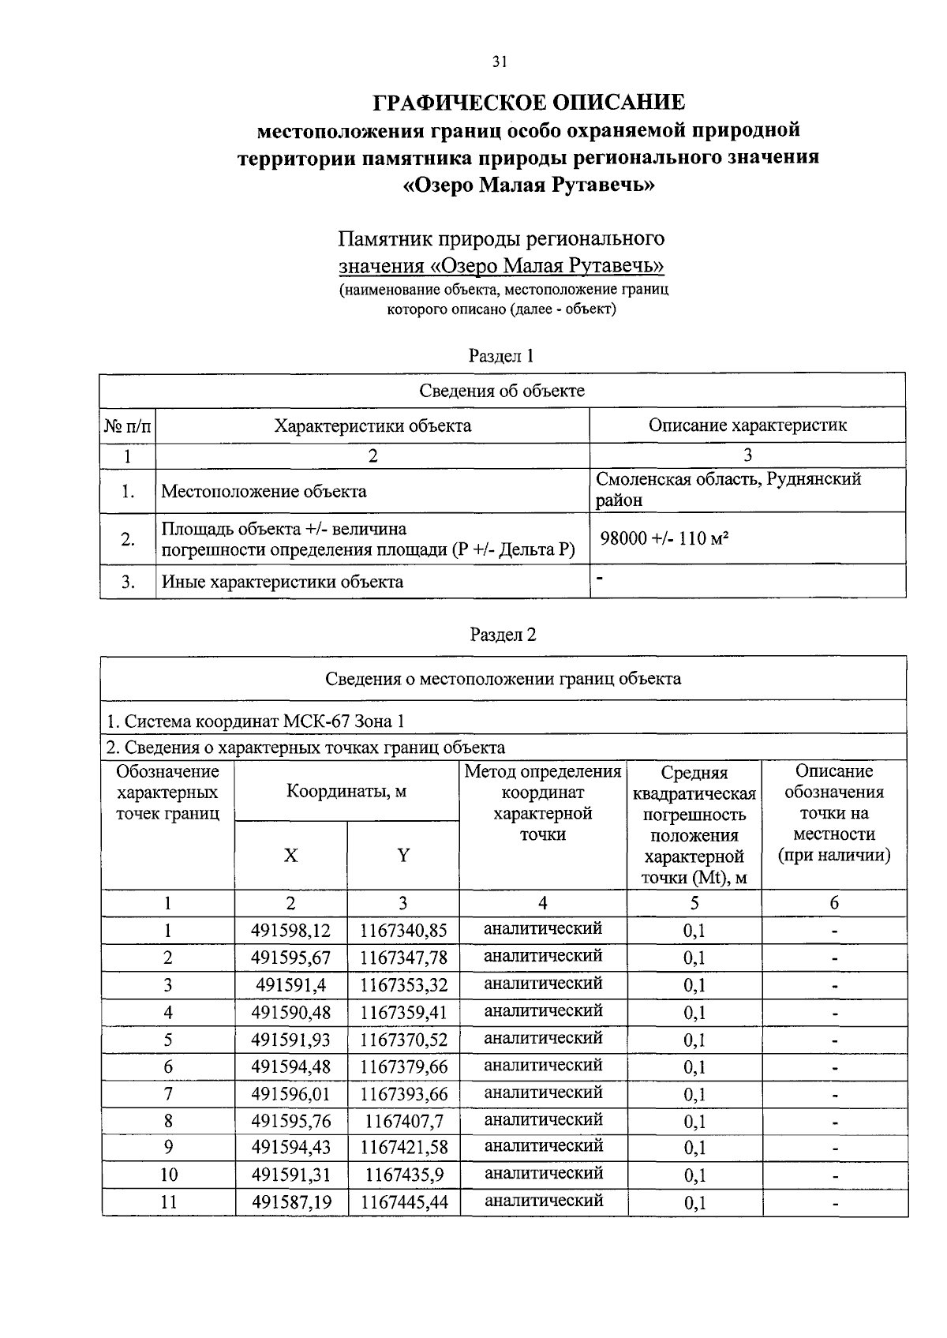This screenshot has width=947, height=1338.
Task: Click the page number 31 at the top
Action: coord(499,63)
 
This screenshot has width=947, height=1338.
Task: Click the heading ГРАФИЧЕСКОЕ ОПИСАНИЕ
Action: coord(528,102)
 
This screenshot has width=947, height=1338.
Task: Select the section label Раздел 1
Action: coord(502,356)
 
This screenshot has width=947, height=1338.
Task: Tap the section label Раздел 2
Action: coord(503,635)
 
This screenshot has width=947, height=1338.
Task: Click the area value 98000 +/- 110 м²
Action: coord(664,539)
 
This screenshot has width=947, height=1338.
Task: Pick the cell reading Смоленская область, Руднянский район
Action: coord(728,489)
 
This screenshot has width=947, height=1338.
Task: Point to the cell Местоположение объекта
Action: coord(264,492)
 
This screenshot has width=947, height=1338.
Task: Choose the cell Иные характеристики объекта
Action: coord(283,583)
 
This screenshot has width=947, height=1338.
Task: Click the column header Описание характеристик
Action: coord(747,425)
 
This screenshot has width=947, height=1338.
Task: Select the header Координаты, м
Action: coord(346,791)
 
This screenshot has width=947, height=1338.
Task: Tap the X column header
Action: coord(290,856)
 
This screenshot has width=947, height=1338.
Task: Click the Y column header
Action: coord(403,856)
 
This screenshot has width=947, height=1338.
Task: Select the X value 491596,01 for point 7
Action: coord(290,1094)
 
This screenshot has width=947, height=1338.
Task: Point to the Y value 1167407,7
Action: coord(403,1122)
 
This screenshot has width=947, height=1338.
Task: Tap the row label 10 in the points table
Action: coord(168,1175)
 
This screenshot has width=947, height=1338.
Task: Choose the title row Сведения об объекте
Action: coord(502,391)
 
